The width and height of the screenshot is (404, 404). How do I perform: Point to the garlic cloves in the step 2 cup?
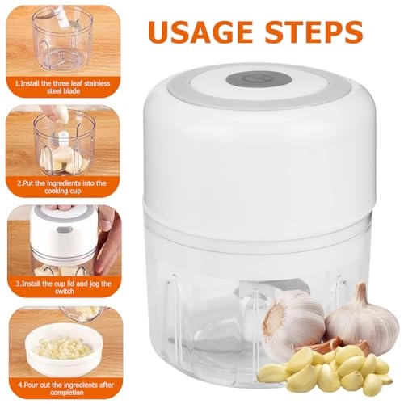pos(61,158)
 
